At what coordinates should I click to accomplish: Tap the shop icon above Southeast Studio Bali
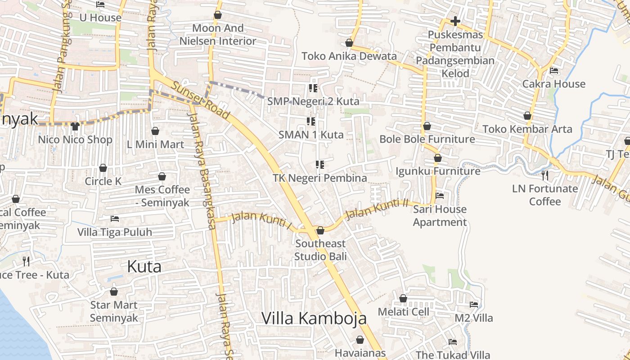320,231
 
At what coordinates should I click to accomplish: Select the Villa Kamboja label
314,318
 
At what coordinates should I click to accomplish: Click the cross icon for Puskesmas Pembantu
455,21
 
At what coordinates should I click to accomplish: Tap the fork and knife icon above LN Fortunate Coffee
545,175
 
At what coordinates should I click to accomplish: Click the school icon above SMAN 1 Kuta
310,121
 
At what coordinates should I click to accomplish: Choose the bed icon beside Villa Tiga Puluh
115,219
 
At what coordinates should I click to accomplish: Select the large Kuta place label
144,266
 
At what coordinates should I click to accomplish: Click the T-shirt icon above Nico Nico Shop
75,126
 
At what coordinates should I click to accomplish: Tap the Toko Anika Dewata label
349,56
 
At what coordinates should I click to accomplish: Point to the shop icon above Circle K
103,168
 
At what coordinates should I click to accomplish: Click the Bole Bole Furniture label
427,139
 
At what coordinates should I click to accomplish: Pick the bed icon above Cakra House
554,71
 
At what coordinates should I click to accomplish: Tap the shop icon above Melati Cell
403,298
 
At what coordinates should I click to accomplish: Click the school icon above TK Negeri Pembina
320,165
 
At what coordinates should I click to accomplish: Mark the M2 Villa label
473,318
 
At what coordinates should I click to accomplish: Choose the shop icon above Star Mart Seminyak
114,292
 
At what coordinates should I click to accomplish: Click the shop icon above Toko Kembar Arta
527,116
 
